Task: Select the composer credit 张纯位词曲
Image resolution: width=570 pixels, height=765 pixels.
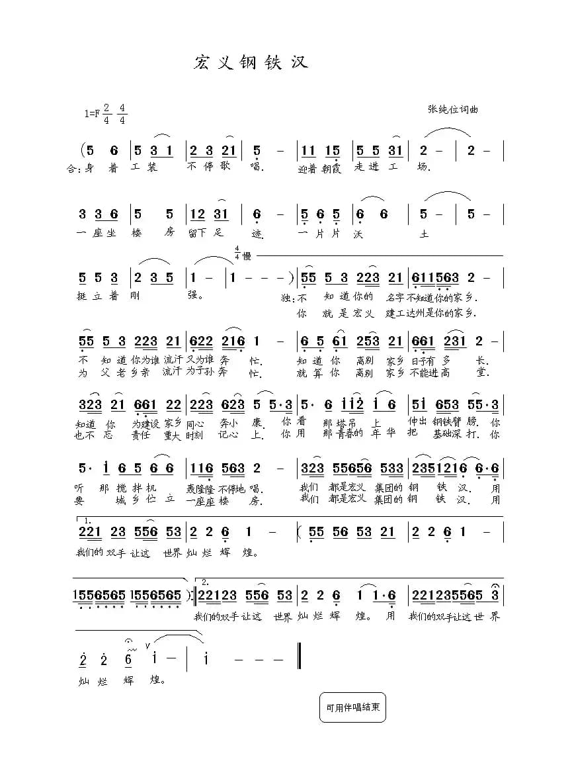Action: pyautogui.click(x=452, y=109)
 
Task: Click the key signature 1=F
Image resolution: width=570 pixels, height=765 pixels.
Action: pyautogui.click(x=92, y=114)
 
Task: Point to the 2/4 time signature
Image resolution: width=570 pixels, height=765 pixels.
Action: pyautogui.click(x=106, y=114)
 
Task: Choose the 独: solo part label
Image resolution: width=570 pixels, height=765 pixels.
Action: pyautogui.click(x=286, y=298)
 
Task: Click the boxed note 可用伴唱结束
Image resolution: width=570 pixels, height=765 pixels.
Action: pyautogui.click(x=352, y=707)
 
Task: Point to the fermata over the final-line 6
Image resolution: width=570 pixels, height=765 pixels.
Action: pyautogui.click(x=128, y=641)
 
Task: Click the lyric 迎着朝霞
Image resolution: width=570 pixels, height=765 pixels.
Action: pyautogui.click(x=319, y=168)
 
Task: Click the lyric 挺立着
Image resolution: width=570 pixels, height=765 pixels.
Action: pyautogui.click(x=97, y=296)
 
